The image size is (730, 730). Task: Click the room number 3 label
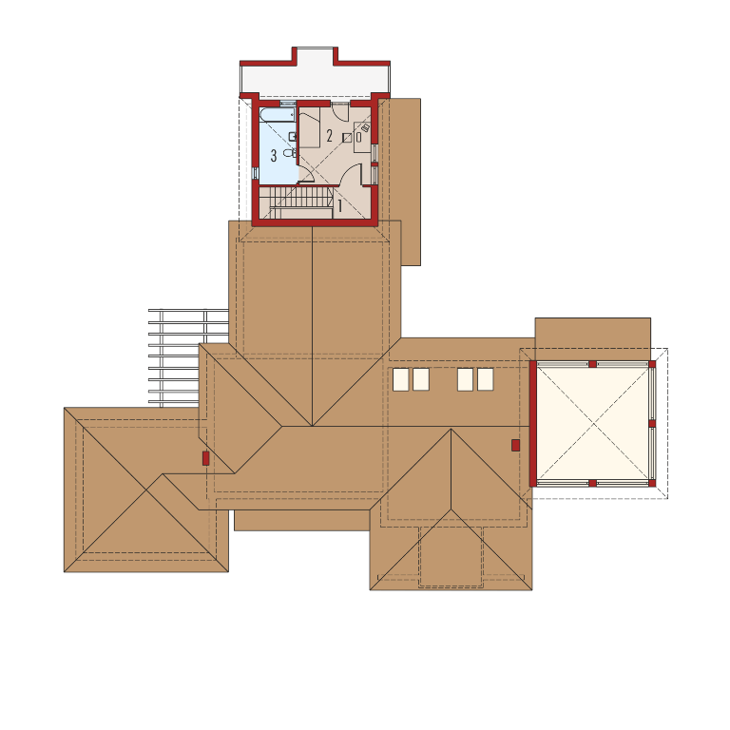click(274, 156)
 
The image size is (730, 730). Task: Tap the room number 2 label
click(330, 136)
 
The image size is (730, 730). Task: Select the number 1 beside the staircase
click(340, 205)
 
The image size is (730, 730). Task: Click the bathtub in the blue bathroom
click(278, 115)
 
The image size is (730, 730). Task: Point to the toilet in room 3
click(290, 153)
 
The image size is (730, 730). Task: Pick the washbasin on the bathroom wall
click(293, 136)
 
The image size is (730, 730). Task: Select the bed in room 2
click(309, 127)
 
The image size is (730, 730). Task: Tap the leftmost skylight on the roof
click(401, 379)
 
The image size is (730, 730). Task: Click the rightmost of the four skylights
click(486, 379)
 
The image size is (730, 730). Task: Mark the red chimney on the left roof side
click(205, 458)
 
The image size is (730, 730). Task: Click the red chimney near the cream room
click(515, 445)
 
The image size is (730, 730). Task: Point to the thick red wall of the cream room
click(533, 424)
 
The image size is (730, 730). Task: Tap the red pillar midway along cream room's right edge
click(652, 424)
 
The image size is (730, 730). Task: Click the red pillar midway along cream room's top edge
click(593, 364)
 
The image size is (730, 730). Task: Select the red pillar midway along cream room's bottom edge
click(593, 483)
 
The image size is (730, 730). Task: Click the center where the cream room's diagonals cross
click(593, 424)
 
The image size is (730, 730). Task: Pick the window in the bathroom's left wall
click(255, 173)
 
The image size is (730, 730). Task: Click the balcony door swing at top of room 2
click(340, 112)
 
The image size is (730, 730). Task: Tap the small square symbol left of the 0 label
click(347, 138)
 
